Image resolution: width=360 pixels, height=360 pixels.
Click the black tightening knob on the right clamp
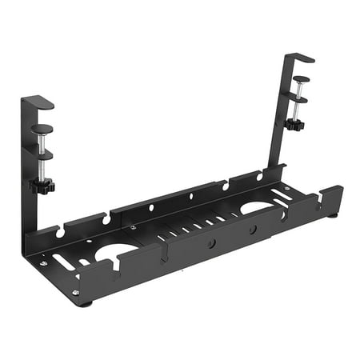[x=294, y=125]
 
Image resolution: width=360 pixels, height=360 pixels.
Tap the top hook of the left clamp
[x=38, y=102]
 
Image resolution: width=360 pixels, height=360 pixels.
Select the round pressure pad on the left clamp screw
[x=42, y=128]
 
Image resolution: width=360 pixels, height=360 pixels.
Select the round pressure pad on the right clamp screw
[x=300, y=79]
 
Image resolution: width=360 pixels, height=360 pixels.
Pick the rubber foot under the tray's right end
[x=332, y=214]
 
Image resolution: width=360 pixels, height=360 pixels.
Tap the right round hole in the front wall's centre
[x=252, y=229]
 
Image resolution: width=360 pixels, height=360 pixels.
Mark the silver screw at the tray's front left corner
[x=75, y=293]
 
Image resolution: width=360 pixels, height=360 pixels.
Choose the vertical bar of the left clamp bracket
[x=26, y=176]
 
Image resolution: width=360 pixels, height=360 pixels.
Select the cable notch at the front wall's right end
[x=318, y=198]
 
